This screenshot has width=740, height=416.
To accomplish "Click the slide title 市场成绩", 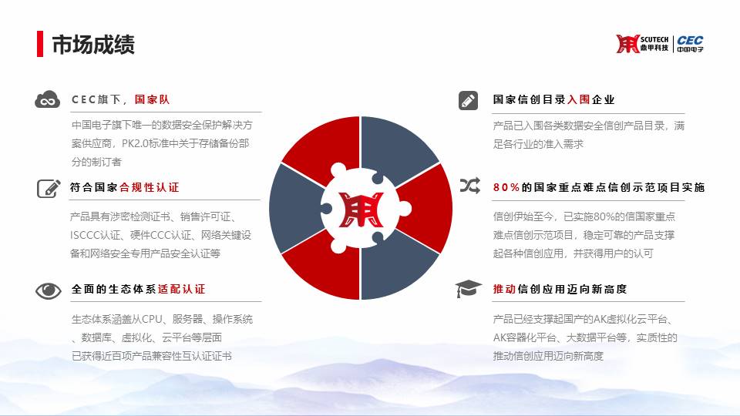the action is click(x=93, y=45).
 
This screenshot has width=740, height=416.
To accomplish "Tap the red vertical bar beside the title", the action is click(x=40, y=44).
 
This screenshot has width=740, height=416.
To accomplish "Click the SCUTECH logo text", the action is click(x=654, y=39).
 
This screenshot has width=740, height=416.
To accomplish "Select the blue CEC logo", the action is click(x=690, y=43).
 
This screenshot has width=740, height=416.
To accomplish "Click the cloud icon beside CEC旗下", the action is click(x=47, y=99).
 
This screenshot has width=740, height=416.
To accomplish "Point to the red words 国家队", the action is click(x=152, y=99).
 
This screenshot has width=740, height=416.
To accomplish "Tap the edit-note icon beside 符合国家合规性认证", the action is click(x=49, y=188).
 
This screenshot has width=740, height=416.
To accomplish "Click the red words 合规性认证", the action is click(x=149, y=187).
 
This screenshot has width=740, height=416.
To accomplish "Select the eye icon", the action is click(x=48, y=290).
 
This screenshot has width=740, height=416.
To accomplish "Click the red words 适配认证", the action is click(x=182, y=289).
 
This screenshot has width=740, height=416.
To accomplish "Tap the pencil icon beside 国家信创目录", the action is click(x=468, y=100).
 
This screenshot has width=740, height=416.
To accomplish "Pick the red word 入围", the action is click(x=579, y=99).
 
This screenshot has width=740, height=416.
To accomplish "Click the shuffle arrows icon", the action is click(x=470, y=186).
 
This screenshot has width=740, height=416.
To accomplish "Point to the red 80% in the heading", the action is click(x=506, y=187).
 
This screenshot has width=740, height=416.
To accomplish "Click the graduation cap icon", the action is click(x=468, y=289).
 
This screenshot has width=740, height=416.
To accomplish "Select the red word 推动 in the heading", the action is click(x=504, y=289).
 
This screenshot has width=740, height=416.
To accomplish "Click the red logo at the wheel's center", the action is click(x=361, y=210).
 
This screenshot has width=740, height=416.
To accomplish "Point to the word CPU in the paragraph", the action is click(x=152, y=319).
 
